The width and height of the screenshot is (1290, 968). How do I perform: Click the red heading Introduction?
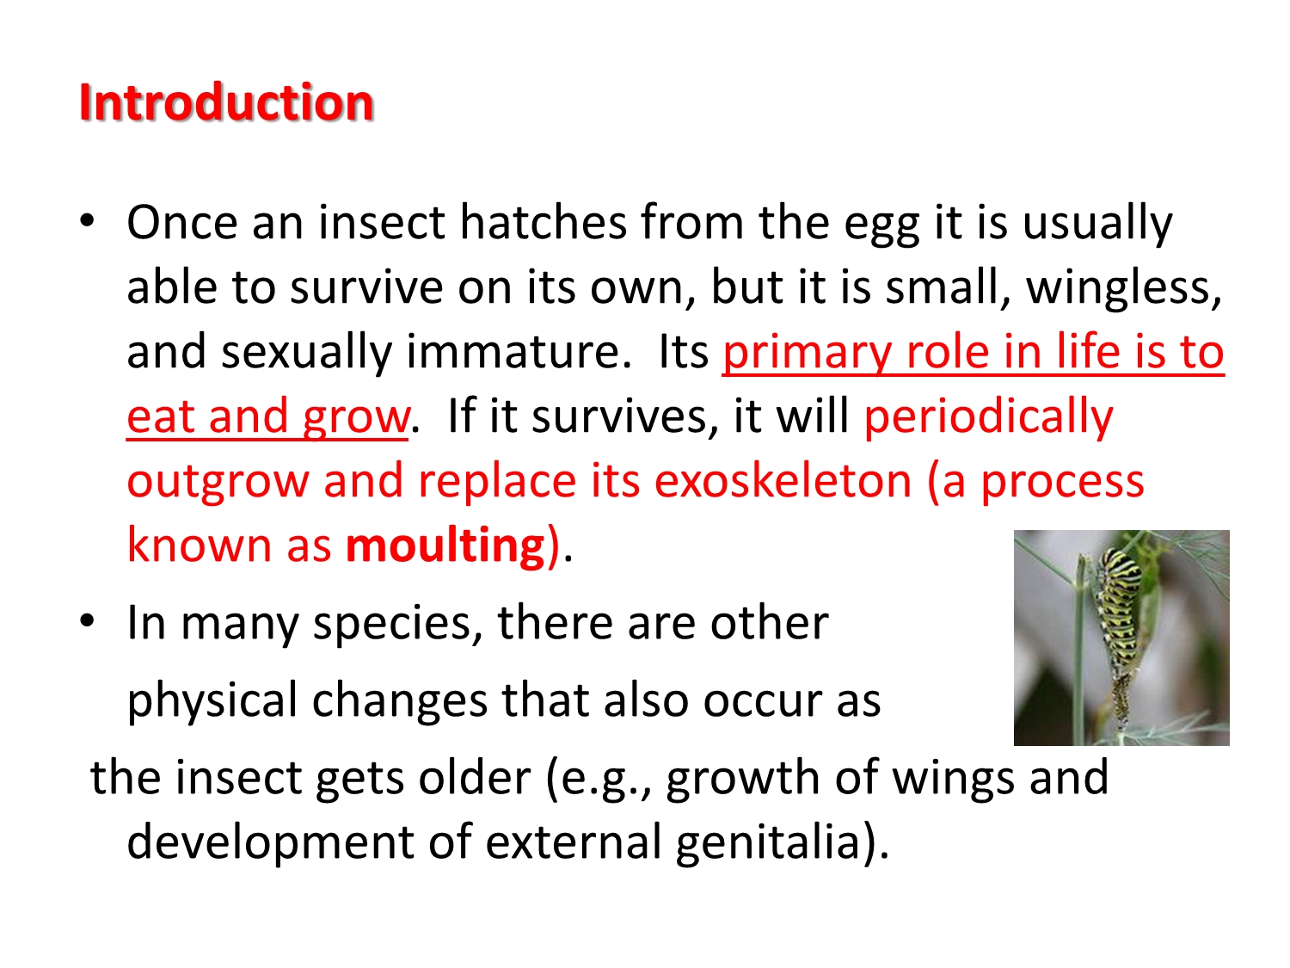[x=226, y=102]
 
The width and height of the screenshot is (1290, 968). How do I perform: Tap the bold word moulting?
[x=445, y=546]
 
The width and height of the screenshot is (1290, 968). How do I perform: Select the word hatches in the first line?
[x=543, y=223]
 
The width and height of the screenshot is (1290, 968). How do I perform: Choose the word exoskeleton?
[x=783, y=481]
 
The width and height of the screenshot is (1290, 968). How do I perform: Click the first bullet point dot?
[x=87, y=222]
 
